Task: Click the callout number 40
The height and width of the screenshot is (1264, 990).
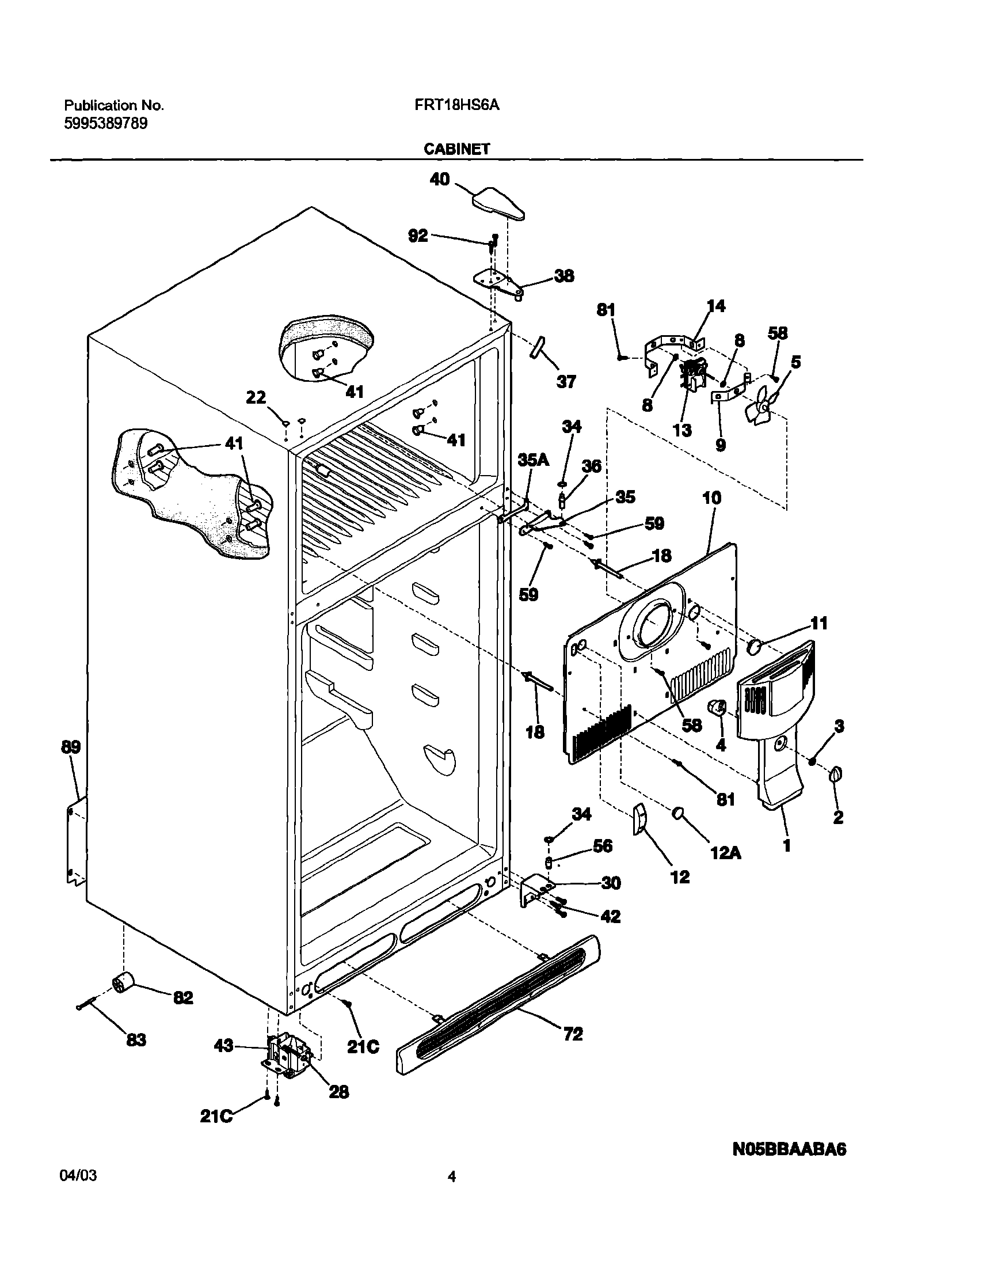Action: point(439,179)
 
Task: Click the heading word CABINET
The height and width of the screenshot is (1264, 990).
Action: point(457,149)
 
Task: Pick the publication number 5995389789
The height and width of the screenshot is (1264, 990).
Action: point(105,123)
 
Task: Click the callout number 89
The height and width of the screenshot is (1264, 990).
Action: point(71,746)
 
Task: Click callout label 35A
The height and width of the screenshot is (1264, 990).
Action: point(532,460)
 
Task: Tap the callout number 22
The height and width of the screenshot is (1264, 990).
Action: point(256,397)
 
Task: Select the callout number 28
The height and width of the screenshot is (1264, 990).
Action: point(339,1092)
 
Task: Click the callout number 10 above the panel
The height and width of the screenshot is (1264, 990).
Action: point(712,498)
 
